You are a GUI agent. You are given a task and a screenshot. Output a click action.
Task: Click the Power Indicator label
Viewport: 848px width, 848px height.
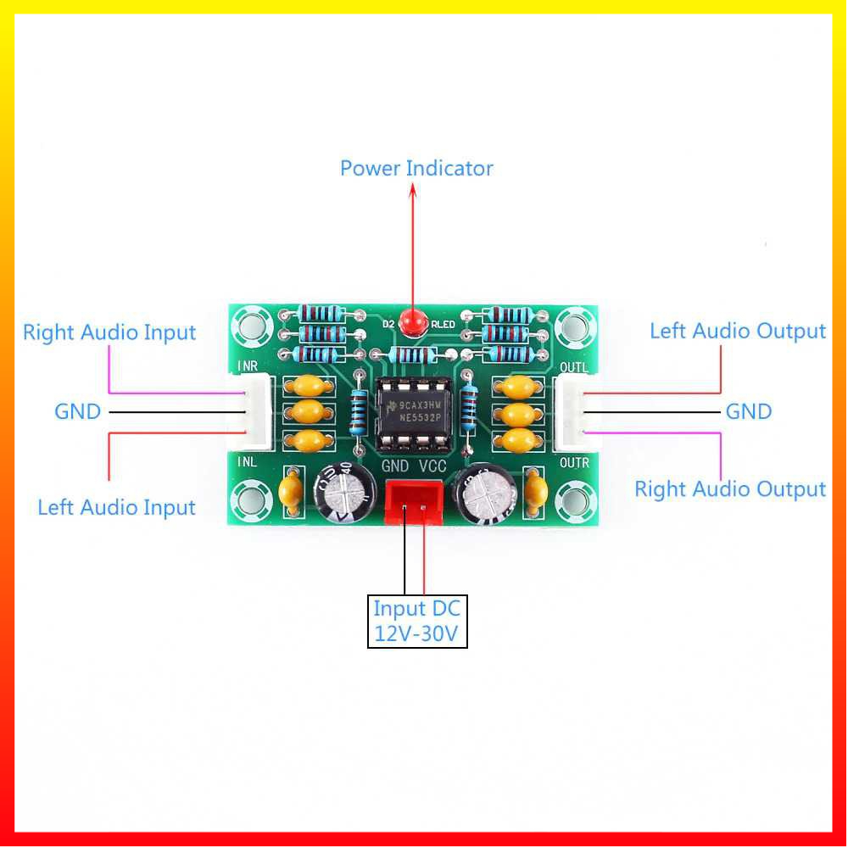416,168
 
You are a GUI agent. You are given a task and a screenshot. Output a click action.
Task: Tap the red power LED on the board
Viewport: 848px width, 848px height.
414,322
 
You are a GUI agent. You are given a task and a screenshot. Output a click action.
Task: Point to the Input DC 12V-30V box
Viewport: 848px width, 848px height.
417,622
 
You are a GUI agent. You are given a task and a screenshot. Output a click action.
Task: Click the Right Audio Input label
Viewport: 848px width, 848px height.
109,332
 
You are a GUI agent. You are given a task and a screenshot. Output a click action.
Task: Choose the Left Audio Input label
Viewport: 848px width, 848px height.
116,507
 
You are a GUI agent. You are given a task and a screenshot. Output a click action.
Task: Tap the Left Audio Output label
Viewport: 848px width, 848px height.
737,331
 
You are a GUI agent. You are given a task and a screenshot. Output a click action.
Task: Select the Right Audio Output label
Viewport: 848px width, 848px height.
730,489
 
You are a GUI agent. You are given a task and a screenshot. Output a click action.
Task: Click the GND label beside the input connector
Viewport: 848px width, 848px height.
77,412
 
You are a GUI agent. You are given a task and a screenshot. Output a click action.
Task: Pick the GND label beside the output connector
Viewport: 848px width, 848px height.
749,412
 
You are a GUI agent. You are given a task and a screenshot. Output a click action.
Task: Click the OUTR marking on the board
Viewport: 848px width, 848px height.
574,463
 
